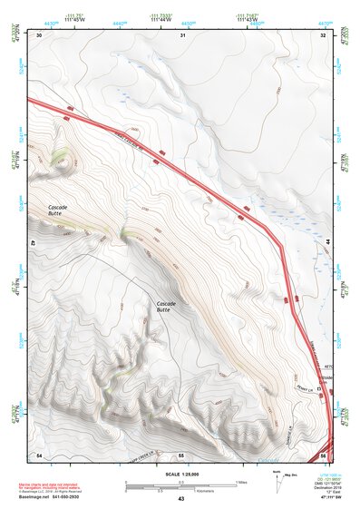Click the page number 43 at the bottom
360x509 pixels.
pos(180,499)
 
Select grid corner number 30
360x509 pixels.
pos(40,34)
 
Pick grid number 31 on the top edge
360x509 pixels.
pos(182,34)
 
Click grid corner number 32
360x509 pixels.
pos(323,34)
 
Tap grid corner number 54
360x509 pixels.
pos(39,454)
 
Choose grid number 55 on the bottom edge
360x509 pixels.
pos(181,454)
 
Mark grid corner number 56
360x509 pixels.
pos(323,454)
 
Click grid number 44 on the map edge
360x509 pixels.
pos(326,243)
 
